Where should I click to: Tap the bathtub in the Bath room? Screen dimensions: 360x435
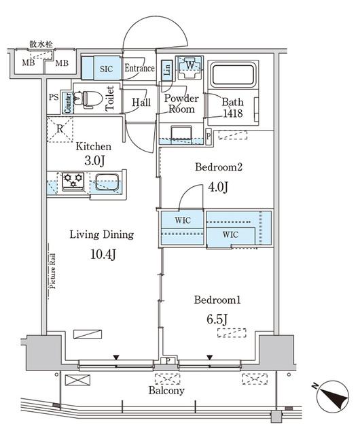(x=232, y=75)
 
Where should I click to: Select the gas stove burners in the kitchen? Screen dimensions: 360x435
(x=73, y=181)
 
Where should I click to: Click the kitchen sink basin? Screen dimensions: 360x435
(x=107, y=182)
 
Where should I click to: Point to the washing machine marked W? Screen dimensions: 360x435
(x=190, y=67)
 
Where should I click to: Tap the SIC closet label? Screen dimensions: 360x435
(x=106, y=69)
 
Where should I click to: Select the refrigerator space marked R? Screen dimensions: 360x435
(x=60, y=130)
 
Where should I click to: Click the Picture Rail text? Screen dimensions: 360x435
(x=52, y=271)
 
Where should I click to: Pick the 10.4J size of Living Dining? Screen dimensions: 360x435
(x=103, y=254)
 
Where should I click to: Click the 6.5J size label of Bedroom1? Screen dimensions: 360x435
(x=217, y=319)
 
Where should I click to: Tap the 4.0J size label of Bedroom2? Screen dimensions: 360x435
(x=218, y=187)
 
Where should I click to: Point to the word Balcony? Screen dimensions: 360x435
(x=166, y=391)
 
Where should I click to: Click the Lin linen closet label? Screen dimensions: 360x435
(x=167, y=69)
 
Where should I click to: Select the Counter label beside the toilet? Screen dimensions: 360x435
(x=68, y=103)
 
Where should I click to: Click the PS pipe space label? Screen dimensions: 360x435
(x=54, y=97)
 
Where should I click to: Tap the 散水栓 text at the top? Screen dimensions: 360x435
(x=41, y=43)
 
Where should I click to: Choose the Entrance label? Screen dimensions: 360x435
(x=139, y=68)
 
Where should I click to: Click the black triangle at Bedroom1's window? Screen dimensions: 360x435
(x=210, y=358)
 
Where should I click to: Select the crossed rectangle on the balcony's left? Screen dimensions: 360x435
(x=77, y=380)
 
